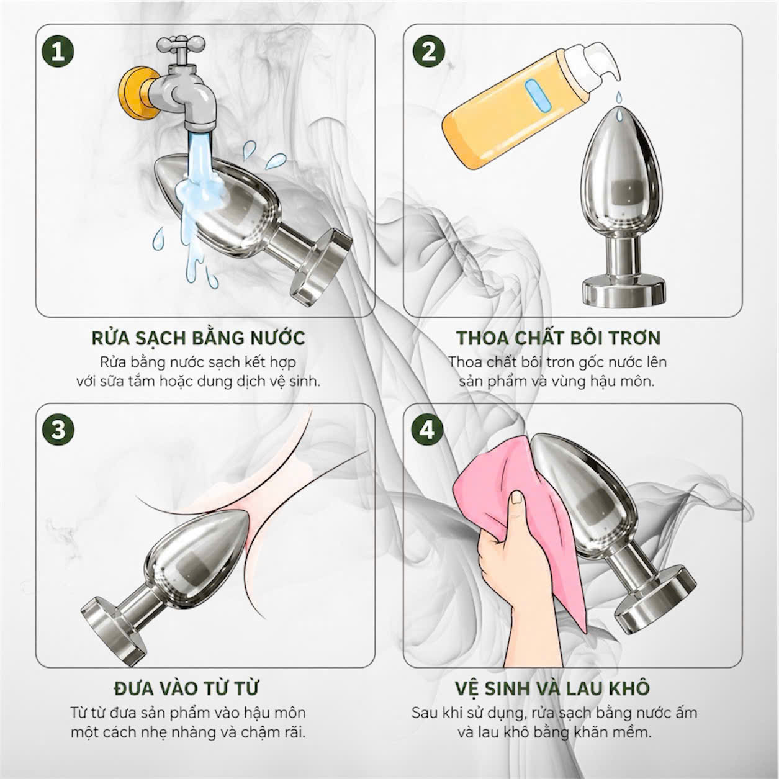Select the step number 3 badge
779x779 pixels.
click(x=58, y=430)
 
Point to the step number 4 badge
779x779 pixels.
click(x=427, y=430)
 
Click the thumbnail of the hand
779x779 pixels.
click(x=516, y=499)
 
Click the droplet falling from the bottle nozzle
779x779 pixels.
click(x=617, y=97)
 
